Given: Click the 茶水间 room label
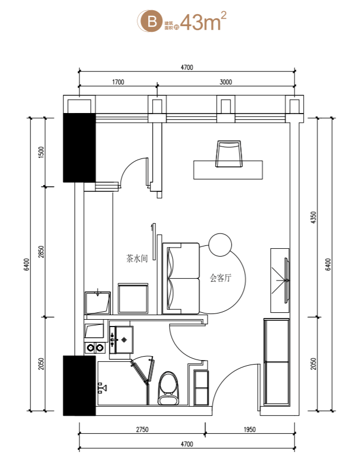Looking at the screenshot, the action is (x=137, y=258).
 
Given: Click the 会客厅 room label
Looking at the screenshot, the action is (x=221, y=278).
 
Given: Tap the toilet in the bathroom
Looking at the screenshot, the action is (x=169, y=388).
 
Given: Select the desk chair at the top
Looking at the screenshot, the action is (x=229, y=154).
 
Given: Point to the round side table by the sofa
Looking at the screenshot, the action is (x=220, y=245).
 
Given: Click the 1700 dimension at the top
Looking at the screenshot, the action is (x=118, y=82).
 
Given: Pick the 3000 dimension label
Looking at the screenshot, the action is (x=225, y=82).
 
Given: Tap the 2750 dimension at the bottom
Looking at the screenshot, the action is (x=142, y=429).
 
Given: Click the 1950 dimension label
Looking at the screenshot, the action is (x=250, y=429).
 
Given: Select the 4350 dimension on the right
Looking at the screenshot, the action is (x=313, y=218).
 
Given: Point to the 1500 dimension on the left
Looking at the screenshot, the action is (x=41, y=152).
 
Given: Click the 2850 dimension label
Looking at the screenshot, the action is (x=41, y=252).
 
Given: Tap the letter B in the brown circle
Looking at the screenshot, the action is (x=152, y=21).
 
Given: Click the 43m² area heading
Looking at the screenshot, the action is (x=203, y=21).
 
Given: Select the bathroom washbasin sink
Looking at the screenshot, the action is (x=122, y=340).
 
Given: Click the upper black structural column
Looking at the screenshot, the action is (x=79, y=148).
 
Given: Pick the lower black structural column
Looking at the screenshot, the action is (x=79, y=386).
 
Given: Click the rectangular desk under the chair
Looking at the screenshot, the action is (x=228, y=170).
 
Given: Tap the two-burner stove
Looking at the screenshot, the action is (x=94, y=348).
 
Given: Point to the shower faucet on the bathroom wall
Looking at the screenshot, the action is (x=102, y=388).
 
